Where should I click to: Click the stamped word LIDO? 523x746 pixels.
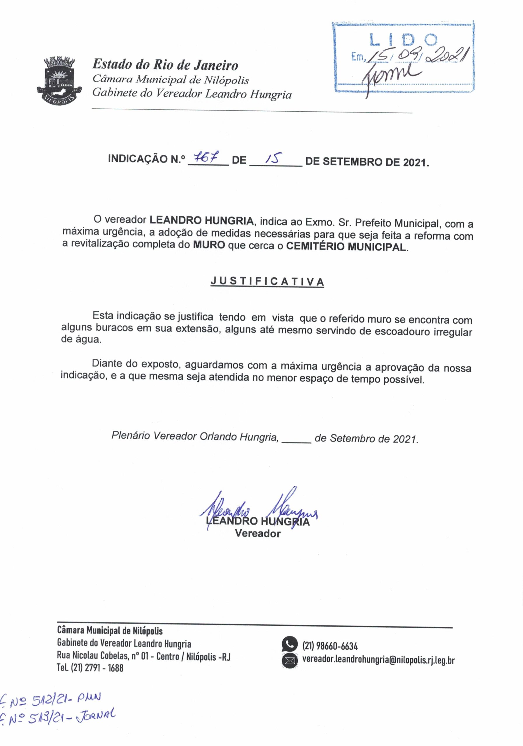[403, 40]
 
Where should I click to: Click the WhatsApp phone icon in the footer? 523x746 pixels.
[289, 644]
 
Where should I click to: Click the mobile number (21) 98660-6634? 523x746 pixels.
[330, 646]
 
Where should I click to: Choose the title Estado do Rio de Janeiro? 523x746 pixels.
[165, 65]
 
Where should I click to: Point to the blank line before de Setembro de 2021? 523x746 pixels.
[296, 439]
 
